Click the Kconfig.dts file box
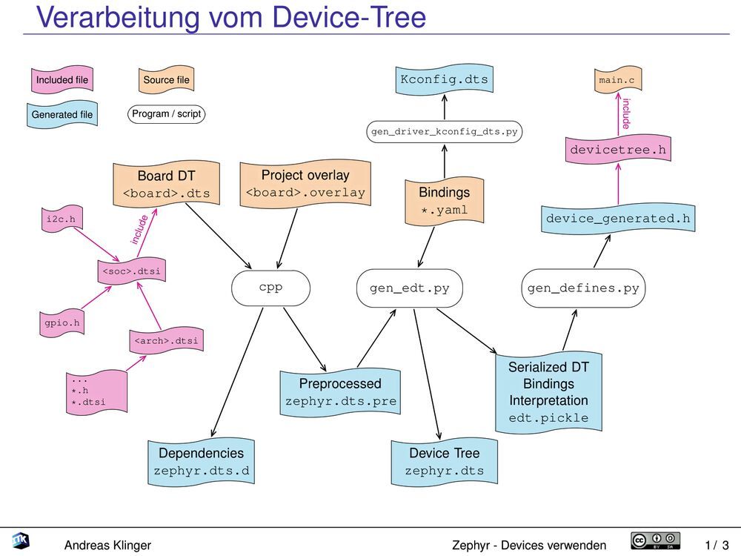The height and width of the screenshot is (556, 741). point(445,80)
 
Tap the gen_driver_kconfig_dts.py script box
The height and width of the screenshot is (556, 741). point(445,132)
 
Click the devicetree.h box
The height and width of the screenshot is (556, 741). point(618,150)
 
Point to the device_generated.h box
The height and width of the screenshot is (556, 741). point(618,219)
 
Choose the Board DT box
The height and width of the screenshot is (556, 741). point(166,185)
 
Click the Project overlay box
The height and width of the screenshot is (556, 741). point(305,184)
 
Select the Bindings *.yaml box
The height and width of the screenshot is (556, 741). point(445,201)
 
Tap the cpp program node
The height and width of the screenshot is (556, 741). point(270,288)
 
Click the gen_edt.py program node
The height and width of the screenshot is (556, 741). point(409,288)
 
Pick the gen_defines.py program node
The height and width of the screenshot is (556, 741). point(583,288)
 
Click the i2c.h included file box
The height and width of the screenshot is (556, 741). point(61,219)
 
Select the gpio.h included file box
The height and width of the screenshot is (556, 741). point(61,323)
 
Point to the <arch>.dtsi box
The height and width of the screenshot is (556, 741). point(166,341)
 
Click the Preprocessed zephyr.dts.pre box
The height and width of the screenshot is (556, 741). point(340,393)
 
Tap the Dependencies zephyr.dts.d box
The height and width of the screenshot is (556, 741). point(201,462)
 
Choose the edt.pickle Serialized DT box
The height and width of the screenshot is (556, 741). point(548,392)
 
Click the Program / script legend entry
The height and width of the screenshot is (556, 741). point(166,115)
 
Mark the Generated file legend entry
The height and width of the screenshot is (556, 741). point(62,115)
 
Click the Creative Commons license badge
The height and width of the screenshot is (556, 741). point(655,542)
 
